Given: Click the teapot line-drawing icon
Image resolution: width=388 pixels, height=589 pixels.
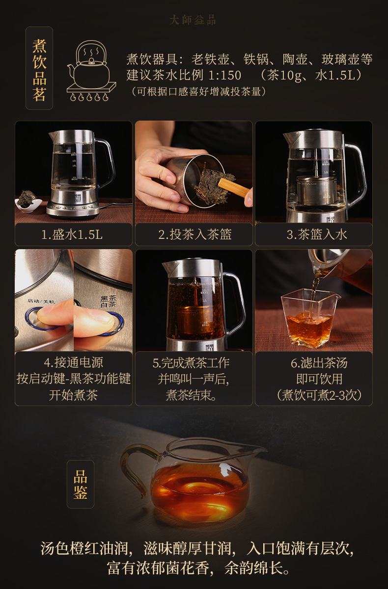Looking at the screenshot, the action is click(91, 71).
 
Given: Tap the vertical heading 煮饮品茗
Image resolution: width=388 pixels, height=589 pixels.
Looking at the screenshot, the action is click(39, 70).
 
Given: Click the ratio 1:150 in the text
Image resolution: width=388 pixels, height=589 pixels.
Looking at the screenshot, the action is click(224, 76).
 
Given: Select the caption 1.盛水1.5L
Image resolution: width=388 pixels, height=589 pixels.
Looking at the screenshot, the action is click(72, 234).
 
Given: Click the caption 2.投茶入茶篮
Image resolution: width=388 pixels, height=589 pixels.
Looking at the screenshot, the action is click(195, 234).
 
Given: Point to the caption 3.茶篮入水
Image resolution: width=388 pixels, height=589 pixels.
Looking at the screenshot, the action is click(317, 234).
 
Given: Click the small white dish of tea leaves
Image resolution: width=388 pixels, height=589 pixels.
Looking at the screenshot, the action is click(28, 202).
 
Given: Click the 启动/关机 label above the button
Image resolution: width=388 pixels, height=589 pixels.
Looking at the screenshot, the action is click(41, 301).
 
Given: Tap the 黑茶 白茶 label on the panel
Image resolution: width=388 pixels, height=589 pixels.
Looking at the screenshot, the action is click(108, 301).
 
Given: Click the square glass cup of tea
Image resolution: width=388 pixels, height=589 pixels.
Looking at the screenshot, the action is click(310, 318).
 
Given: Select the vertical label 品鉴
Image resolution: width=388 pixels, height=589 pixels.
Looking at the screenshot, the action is click(81, 485).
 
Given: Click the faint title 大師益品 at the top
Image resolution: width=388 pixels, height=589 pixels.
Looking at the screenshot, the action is click(193, 20).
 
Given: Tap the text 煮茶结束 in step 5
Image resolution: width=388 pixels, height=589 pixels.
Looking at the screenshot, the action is click(191, 395).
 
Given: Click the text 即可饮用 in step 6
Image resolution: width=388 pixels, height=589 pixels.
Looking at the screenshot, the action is click(320, 379).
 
